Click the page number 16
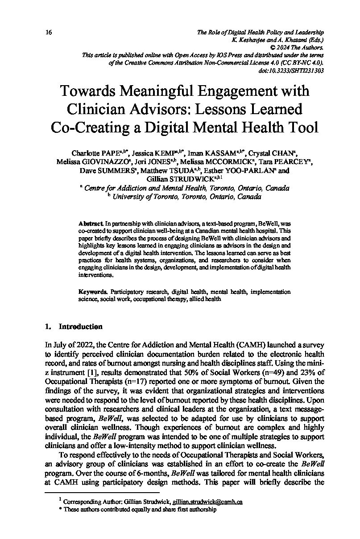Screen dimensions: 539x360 click(49, 33)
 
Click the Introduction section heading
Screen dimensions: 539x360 click(80, 327)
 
